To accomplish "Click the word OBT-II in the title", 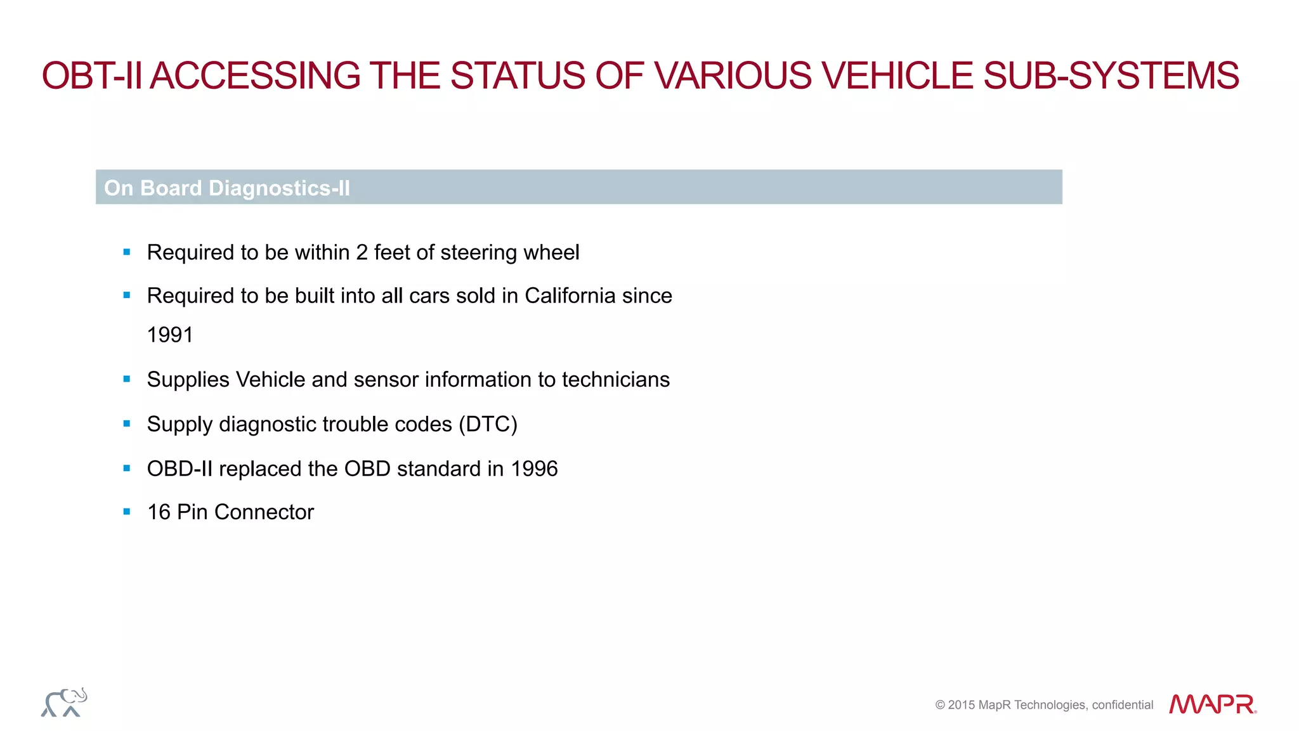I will coord(91,76).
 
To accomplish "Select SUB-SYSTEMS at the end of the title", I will coord(1111,76).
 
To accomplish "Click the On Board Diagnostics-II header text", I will coord(227,188).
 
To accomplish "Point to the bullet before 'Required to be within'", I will coord(127,252).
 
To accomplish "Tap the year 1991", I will coord(169,335).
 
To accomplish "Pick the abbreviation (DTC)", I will coord(488,424).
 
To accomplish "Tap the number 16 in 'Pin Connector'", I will coord(159,512).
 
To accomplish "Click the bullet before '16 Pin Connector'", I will coord(127,512).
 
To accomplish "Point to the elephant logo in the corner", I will coord(64,702).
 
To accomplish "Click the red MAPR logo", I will coord(1212,704).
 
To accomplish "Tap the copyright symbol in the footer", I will coord(940,705).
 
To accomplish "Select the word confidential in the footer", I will coord(1122,705).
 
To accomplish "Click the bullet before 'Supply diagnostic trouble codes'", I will coord(127,424).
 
